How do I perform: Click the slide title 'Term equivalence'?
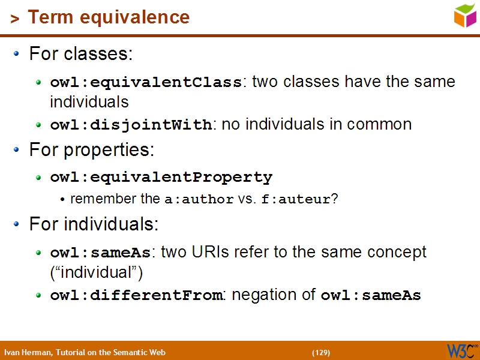tap(109, 17)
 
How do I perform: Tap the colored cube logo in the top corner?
tap(465, 15)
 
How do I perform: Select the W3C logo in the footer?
tap(461, 351)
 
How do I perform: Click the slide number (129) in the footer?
tap(321, 352)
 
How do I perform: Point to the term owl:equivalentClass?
tap(146, 82)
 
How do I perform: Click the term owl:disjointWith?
tap(131, 125)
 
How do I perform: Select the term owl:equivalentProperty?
tap(161, 178)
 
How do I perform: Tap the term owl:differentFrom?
tap(136, 295)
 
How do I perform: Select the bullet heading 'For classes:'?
tap(81, 54)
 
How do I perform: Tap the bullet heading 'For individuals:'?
tap(94, 224)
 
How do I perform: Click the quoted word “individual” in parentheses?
tap(97, 272)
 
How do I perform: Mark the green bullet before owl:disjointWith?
tap(39, 125)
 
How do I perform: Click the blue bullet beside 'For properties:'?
tap(17, 150)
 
